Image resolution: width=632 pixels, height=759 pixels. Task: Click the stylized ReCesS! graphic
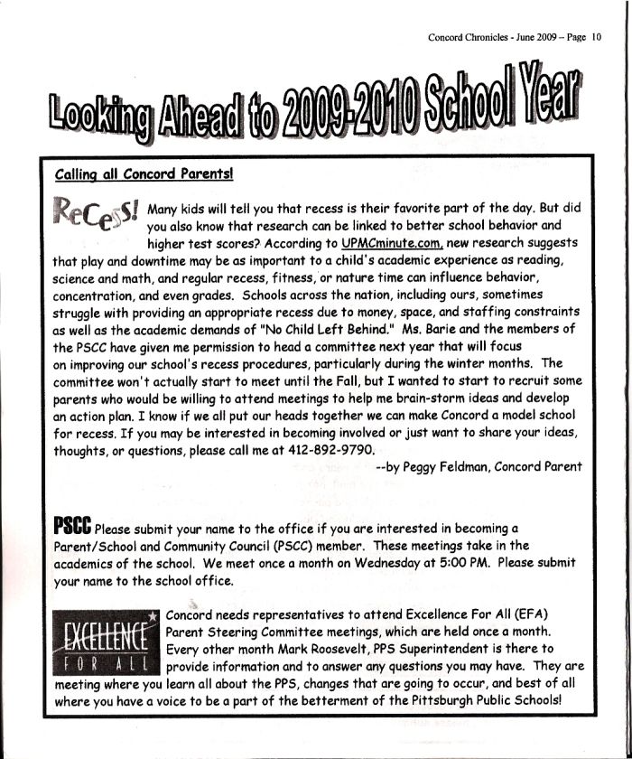[98, 214]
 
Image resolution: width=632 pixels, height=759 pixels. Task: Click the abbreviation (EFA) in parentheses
[538, 614]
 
